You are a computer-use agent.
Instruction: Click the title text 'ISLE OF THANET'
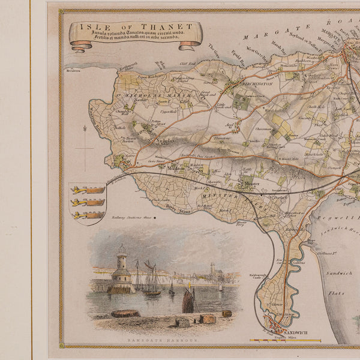(135, 26)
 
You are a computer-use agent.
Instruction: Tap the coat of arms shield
(88, 202)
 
